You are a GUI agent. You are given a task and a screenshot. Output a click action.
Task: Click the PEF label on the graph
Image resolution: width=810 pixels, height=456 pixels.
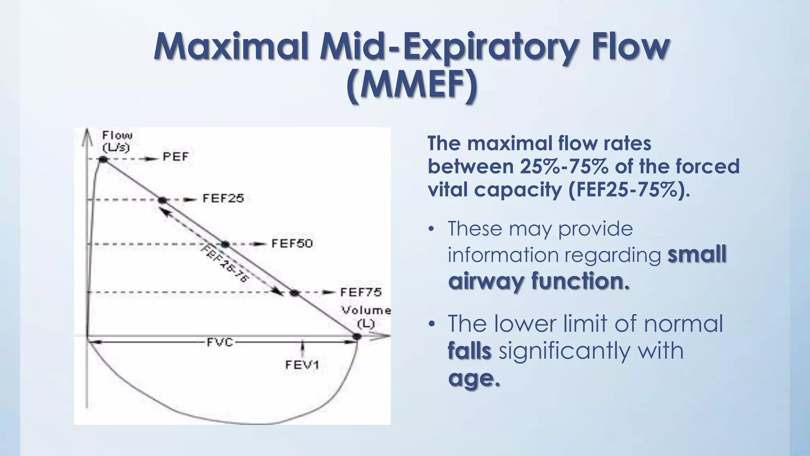tap(176, 157)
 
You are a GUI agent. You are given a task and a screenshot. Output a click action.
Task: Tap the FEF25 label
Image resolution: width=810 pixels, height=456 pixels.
tap(223, 198)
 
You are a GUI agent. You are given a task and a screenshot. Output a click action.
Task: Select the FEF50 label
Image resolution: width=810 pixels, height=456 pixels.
tap(292, 243)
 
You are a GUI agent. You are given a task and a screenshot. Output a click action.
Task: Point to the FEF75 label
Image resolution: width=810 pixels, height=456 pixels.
tap(361, 293)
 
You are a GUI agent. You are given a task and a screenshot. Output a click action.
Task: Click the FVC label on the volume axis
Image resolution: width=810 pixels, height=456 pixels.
tap(220, 342)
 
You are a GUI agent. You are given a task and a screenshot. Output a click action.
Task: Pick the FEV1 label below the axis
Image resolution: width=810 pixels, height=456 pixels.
tap(302, 365)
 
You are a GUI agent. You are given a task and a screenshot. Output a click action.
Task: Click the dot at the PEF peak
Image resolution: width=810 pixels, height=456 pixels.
tap(103, 159)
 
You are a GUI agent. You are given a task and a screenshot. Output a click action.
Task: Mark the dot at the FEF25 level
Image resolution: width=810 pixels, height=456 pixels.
tap(163, 200)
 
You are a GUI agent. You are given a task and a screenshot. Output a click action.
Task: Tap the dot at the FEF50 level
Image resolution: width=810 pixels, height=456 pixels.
tap(225, 244)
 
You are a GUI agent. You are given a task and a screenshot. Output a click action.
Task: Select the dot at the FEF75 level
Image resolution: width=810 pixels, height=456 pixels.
tap(294, 293)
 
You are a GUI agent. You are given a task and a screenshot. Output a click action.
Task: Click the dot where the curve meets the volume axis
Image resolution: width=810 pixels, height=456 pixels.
tap(357, 336)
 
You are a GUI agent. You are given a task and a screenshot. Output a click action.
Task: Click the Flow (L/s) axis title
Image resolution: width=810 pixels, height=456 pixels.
tap(117, 141)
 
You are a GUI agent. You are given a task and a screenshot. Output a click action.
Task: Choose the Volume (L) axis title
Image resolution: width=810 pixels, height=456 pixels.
tap(366, 317)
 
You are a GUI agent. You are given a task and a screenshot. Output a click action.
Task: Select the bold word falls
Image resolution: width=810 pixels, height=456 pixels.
tap(469, 351)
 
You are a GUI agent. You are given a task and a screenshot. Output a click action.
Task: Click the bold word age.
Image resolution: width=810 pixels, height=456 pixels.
tap(474, 378)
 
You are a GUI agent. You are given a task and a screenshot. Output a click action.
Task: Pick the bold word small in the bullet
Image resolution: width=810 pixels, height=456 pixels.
tap(697, 254)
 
